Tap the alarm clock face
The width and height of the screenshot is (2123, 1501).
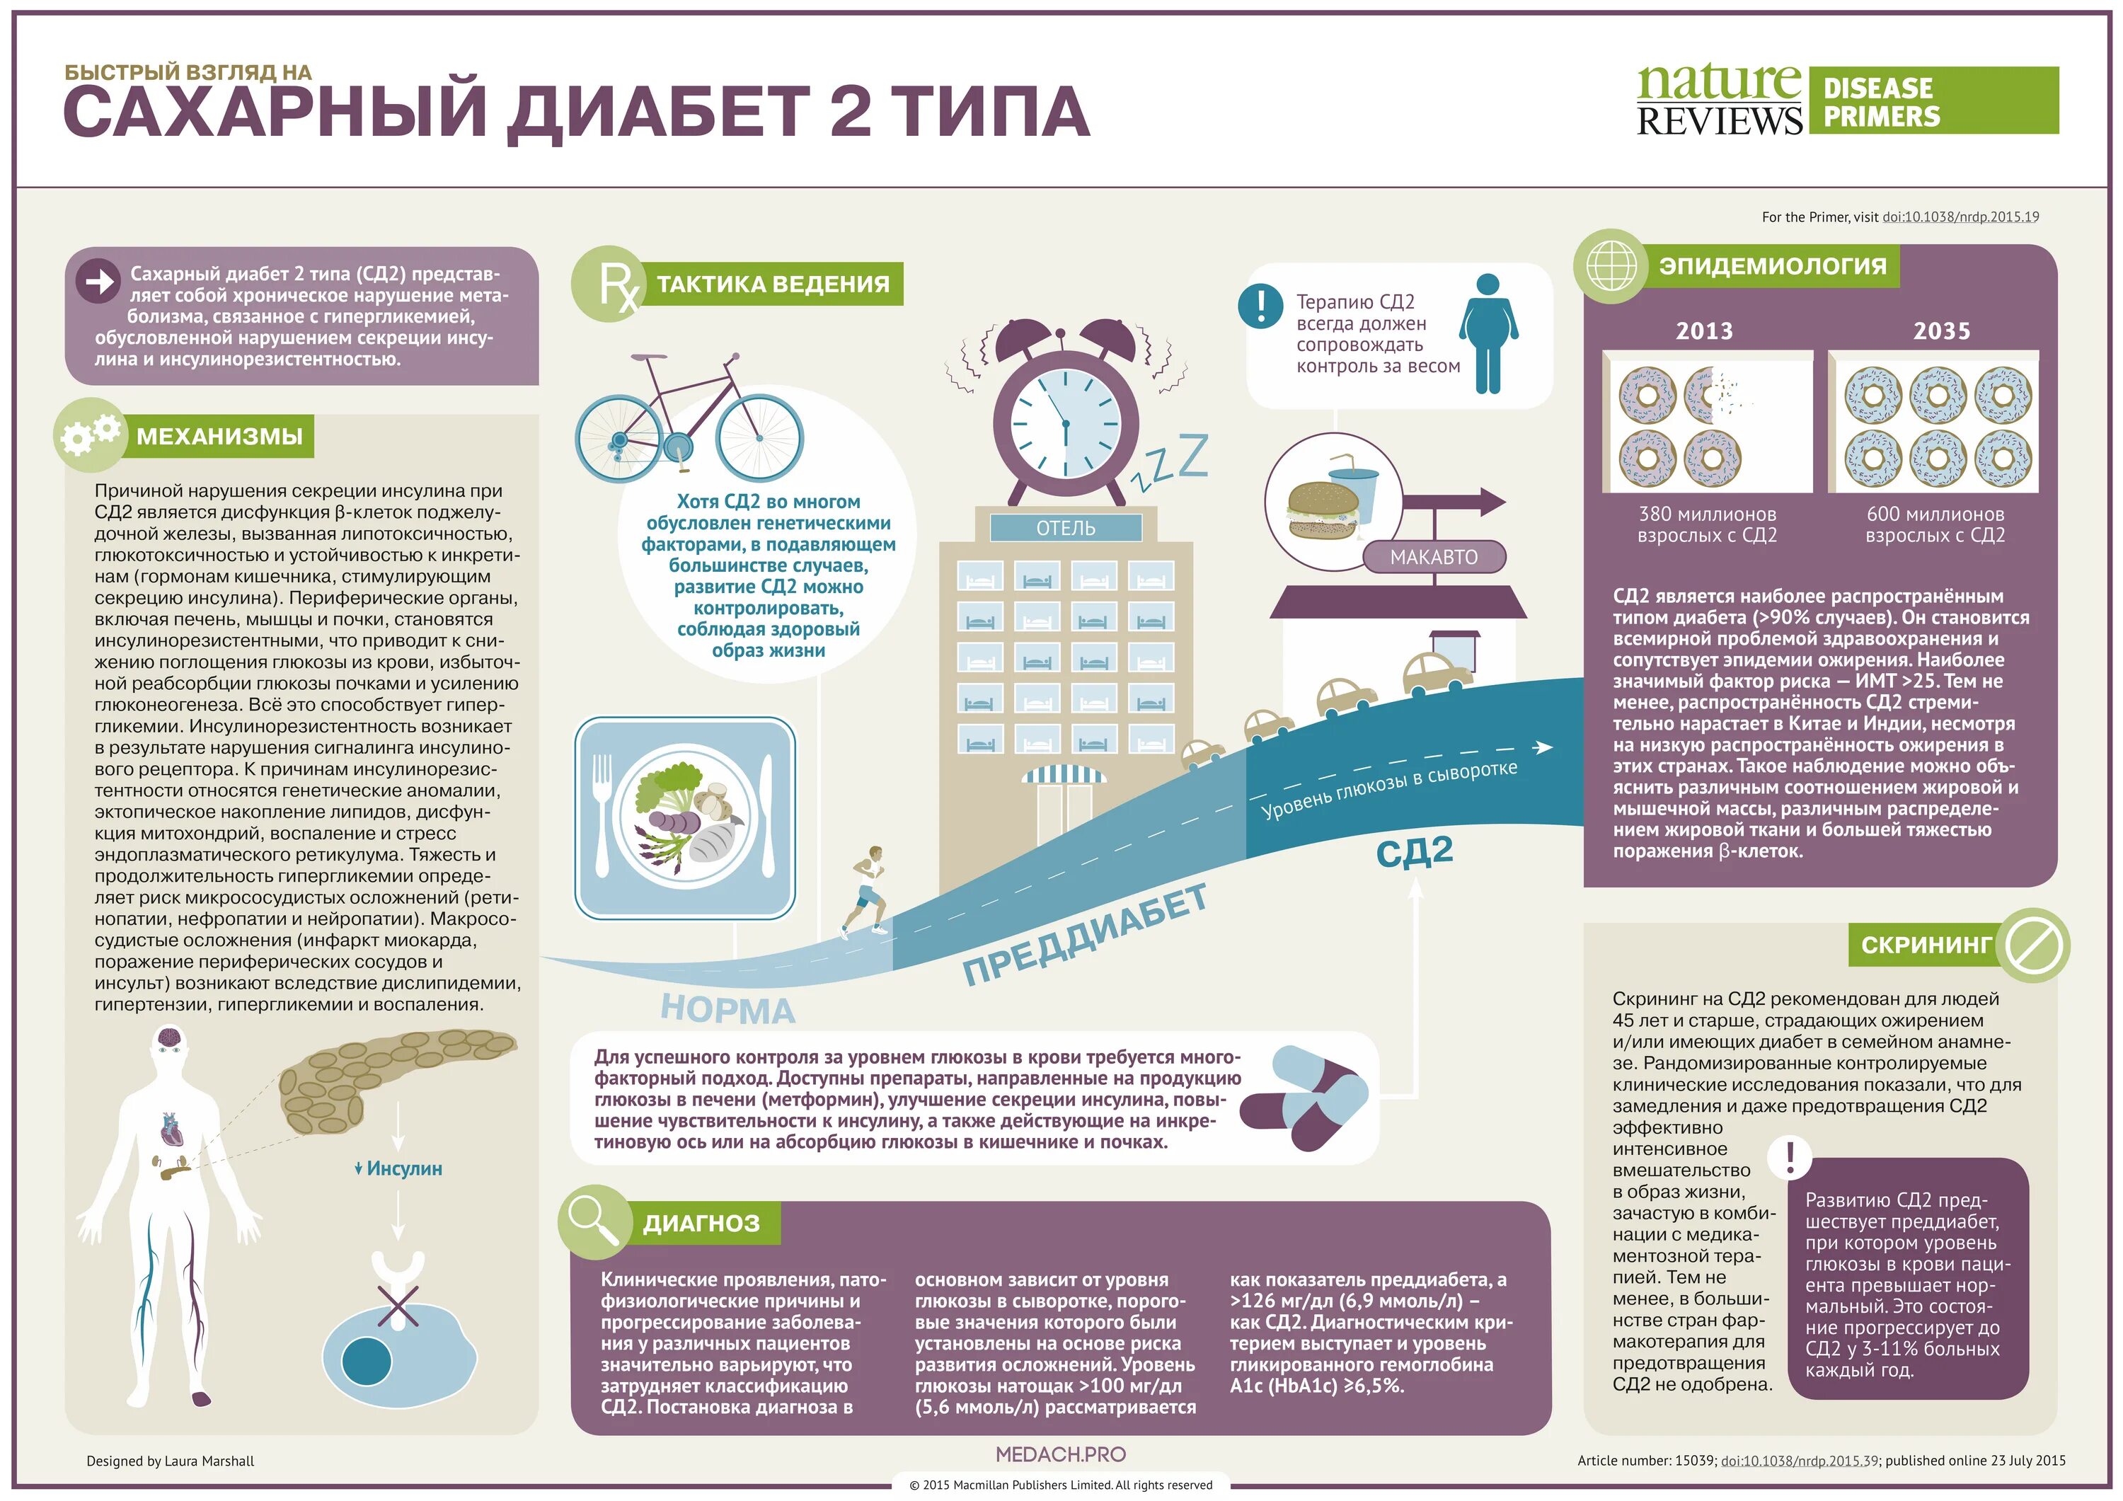point(1064,422)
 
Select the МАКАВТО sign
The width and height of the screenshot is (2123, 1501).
point(1433,557)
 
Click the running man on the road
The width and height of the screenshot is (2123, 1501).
point(866,890)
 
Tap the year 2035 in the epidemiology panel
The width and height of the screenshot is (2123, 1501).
point(1941,331)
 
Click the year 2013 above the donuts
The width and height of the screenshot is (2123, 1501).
point(1704,331)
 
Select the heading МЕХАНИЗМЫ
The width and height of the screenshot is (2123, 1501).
point(220,437)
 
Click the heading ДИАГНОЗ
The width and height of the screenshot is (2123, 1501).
point(701,1224)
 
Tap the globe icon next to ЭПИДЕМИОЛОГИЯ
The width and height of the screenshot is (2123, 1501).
point(1611,265)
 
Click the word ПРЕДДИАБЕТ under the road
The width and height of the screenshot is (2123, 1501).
point(1086,935)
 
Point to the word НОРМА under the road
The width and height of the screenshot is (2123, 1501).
point(727,1009)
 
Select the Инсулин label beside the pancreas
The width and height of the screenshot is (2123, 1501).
point(398,1169)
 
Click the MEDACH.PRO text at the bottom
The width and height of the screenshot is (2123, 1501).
point(1061,1454)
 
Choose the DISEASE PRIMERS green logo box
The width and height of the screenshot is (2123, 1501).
point(1933,100)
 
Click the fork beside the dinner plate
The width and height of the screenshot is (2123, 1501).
point(603,814)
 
